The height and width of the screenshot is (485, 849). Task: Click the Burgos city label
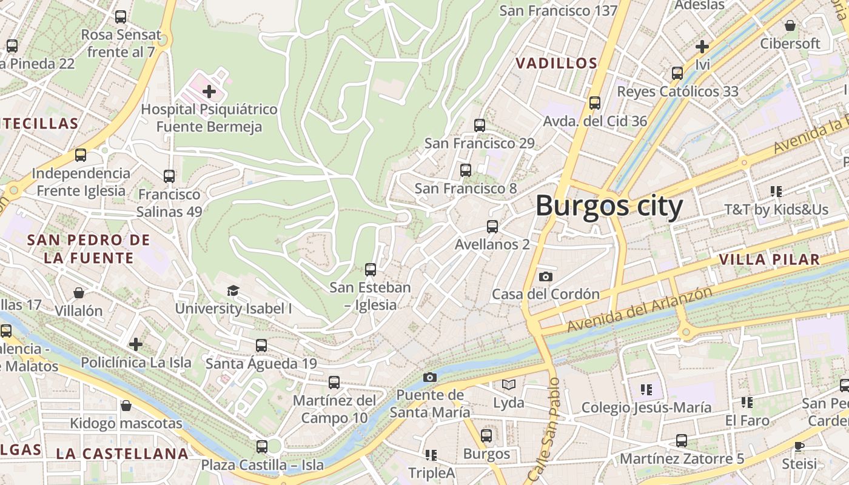pyautogui.click(x=609, y=206)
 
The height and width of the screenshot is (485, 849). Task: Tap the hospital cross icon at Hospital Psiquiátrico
pyautogui.click(x=209, y=92)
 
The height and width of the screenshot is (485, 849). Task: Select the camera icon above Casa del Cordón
pyautogui.click(x=545, y=276)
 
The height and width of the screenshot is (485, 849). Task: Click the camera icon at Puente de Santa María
pyautogui.click(x=429, y=377)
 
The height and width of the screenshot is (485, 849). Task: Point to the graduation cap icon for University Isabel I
pyautogui.click(x=233, y=290)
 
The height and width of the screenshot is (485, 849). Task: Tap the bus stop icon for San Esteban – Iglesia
pyautogui.click(x=370, y=270)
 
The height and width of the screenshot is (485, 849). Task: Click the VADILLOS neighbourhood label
pyautogui.click(x=556, y=63)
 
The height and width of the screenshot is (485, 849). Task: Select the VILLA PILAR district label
pyautogui.click(x=769, y=259)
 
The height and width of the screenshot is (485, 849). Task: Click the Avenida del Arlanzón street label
pyautogui.click(x=639, y=310)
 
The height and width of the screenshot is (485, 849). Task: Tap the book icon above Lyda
pyautogui.click(x=508, y=384)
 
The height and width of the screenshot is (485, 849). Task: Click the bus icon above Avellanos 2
pyautogui.click(x=492, y=227)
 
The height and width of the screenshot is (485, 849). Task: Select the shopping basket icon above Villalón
pyautogui.click(x=79, y=293)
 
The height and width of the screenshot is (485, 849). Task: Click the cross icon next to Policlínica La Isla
pyautogui.click(x=136, y=344)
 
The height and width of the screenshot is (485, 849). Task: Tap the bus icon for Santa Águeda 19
pyautogui.click(x=261, y=346)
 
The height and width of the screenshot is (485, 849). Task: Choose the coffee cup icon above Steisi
pyautogui.click(x=799, y=446)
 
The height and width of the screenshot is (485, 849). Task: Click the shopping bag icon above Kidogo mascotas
pyautogui.click(x=126, y=405)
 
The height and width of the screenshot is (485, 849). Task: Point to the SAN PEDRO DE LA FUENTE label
pyautogui.click(x=88, y=249)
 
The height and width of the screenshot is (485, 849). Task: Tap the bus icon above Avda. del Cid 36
pyautogui.click(x=594, y=103)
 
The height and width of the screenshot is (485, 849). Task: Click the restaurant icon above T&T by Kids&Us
pyautogui.click(x=776, y=192)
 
